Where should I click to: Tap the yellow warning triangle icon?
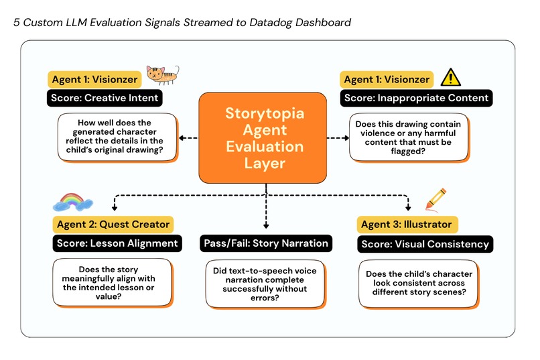(450, 78)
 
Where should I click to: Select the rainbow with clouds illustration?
(72, 202)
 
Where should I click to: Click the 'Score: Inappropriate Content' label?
(416, 98)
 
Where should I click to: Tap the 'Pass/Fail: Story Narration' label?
(266, 243)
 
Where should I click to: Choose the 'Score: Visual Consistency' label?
(425, 243)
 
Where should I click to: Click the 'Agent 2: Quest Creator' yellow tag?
(112, 224)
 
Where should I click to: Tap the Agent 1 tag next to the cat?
(94, 79)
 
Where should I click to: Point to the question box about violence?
(409, 137)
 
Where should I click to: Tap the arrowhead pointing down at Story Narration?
(266, 227)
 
